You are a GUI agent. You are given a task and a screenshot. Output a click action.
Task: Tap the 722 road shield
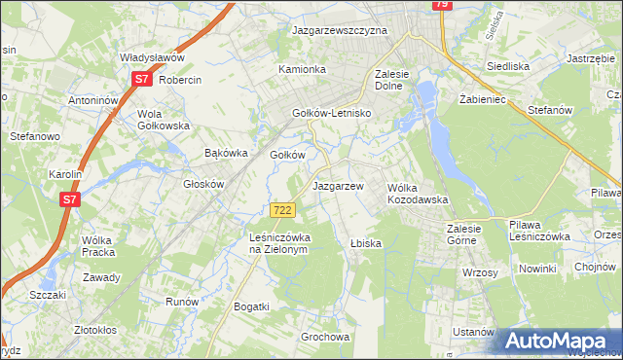point(282,210)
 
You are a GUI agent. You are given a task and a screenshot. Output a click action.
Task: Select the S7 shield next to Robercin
point(141,80)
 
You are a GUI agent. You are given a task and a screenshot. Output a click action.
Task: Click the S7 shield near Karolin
point(69,199)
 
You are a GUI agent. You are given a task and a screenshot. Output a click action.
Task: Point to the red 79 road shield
point(441,5)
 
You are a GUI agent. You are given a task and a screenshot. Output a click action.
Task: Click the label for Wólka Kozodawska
point(418,193)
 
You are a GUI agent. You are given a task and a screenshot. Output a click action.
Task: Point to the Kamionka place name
point(302,70)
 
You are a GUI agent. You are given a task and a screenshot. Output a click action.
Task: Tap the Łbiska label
point(365,243)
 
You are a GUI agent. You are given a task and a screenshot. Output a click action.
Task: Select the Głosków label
point(204,184)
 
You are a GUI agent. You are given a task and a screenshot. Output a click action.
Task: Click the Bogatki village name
point(251,306)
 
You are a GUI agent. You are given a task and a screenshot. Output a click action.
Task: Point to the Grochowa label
point(325,338)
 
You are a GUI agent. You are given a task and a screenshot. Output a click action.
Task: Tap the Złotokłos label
point(102,329)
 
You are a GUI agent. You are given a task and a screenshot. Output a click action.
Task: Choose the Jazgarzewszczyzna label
point(340,31)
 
